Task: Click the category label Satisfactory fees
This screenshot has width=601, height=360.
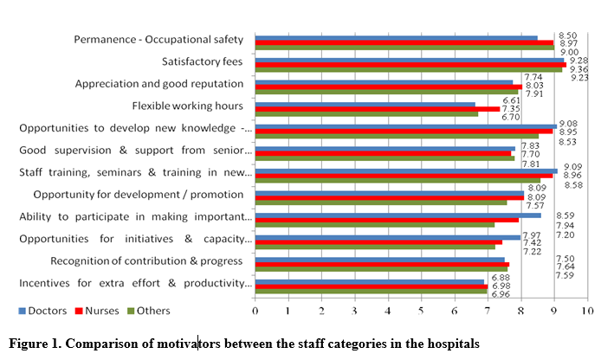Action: (x=203, y=62)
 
